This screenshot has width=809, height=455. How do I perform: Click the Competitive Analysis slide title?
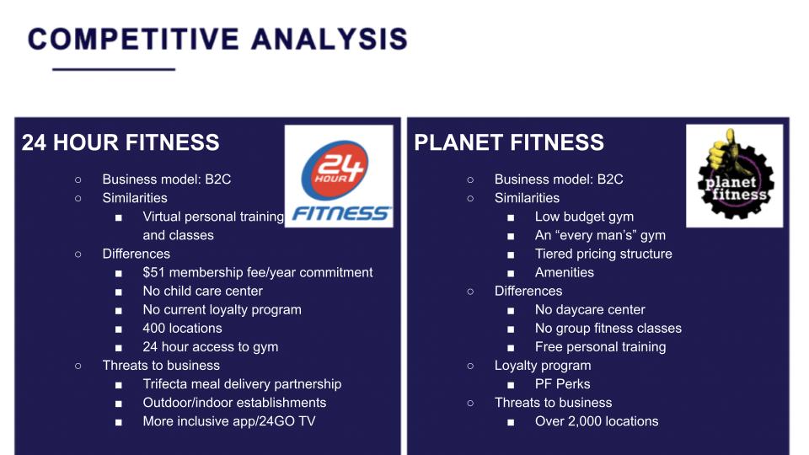pyautogui.click(x=217, y=40)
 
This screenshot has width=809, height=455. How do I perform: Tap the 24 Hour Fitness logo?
pyautogui.click(x=339, y=176)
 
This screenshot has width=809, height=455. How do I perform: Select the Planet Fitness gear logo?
pyautogui.click(x=734, y=176)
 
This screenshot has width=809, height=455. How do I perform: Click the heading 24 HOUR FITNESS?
pyautogui.click(x=121, y=142)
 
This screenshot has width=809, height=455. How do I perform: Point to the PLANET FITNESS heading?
pyautogui.click(x=509, y=142)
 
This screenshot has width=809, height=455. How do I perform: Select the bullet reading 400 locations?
pyautogui.click(x=182, y=328)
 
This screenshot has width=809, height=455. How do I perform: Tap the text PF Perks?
pyautogui.click(x=562, y=384)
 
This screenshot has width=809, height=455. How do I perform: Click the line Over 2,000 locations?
pyautogui.click(x=597, y=421)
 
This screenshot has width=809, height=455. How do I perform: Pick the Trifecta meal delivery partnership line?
pyautogui.click(x=242, y=384)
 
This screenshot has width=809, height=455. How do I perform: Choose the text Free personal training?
pyautogui.click(x=600, y=346)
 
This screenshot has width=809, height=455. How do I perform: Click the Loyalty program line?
pyautogui.click(x=543, y=365)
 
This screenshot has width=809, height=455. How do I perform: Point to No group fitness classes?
pyautogui.click(x=608, y=328)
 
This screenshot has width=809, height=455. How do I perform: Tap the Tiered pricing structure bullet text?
pyautogui.click(x=603, y=254)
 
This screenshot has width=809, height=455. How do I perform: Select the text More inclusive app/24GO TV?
pyautogui.click(x=229, y=421)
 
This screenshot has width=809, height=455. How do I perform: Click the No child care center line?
pyautogui.click(x=203, y=291)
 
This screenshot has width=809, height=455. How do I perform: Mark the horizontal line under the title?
pyautogui.click(x=114, y=69)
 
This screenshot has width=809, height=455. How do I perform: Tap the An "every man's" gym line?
pyautogui.click(x=600, y=235)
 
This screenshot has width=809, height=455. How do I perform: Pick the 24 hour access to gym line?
pyautogui.click(x=211, y=346)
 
